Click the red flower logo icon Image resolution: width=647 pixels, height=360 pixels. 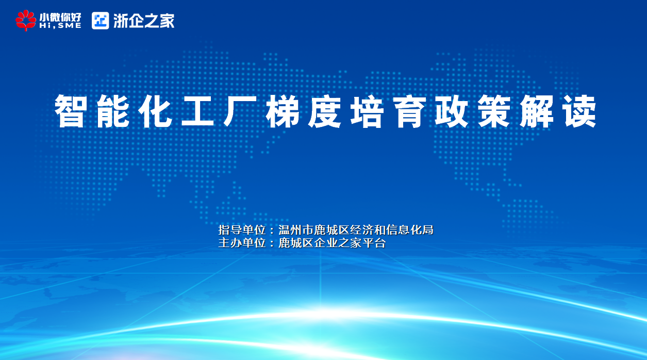click(x=26, y=20)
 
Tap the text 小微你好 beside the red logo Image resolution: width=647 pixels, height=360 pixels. click(x=60, y=17)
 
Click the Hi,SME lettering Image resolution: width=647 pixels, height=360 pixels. click(x=60, y=26)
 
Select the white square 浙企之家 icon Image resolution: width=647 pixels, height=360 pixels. click(x=100, y=21)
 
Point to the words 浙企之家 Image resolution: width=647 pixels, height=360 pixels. click(x=144, y=21)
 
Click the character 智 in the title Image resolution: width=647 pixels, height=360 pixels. click(x=71, y=111)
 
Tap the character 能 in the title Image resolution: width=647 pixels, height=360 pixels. click(x=113, y=111)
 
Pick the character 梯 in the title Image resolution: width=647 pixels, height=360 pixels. click(x=283, y=111)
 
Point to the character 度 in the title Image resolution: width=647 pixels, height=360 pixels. click(x=325, y=111)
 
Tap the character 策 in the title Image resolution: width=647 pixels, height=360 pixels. click(x=494, y=111)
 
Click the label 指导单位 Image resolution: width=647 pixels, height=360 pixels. click(x=242, y=230)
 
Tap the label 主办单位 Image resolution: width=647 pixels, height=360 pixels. click(x=242, y=243)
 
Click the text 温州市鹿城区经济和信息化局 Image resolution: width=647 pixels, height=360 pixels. click(x=356, y=230)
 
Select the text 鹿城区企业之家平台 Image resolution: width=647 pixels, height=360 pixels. click(x=332, y=243)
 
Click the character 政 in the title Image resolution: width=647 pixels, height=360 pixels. click(x=452, y=111)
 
